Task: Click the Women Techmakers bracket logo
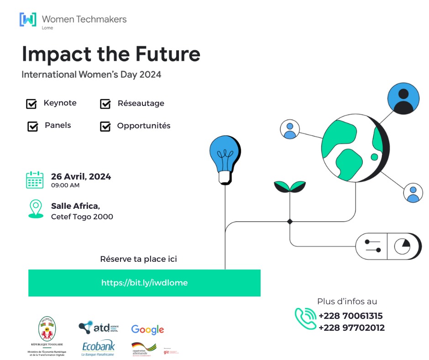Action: [x=28, y=20]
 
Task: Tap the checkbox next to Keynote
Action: [x=31, y=104]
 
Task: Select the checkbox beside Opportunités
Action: [x=105, y=127]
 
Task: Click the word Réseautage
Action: [x=141, y=103]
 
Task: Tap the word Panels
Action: [x=58, y=125]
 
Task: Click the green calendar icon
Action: [x=35, y=180]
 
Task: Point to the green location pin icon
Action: [x=35, y=209]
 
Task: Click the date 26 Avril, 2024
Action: [x=81, y=176]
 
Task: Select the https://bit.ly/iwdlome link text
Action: [x=144, y=283]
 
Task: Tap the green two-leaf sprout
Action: [x=289, y=186]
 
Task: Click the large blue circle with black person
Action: [x=403, y=99]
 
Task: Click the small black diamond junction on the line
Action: [x=289, y=222]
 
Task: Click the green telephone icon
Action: [x=305, y=318]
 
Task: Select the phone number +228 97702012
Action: [x=351, y=328]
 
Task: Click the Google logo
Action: [x=147, y=329]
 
